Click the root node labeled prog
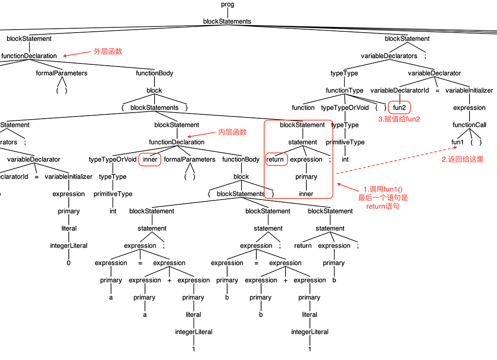(227, 4)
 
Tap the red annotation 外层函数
(108, 51)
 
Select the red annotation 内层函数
(232, 132)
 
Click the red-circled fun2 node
(399, 107)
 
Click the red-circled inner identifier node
(150, 160)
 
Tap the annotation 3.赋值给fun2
(399, 119)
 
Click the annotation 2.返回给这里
(462, 160)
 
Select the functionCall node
(469, 125)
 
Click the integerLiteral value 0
(68, 263)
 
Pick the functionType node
(345, 90)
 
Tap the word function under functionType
(303, 107)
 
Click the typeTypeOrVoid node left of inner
(113, 160)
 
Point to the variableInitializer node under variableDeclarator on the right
(469, 90)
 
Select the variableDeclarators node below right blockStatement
(389, 56)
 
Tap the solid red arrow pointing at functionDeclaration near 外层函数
(77, 54)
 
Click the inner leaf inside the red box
(306, 194)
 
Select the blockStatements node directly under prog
(227, 21)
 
